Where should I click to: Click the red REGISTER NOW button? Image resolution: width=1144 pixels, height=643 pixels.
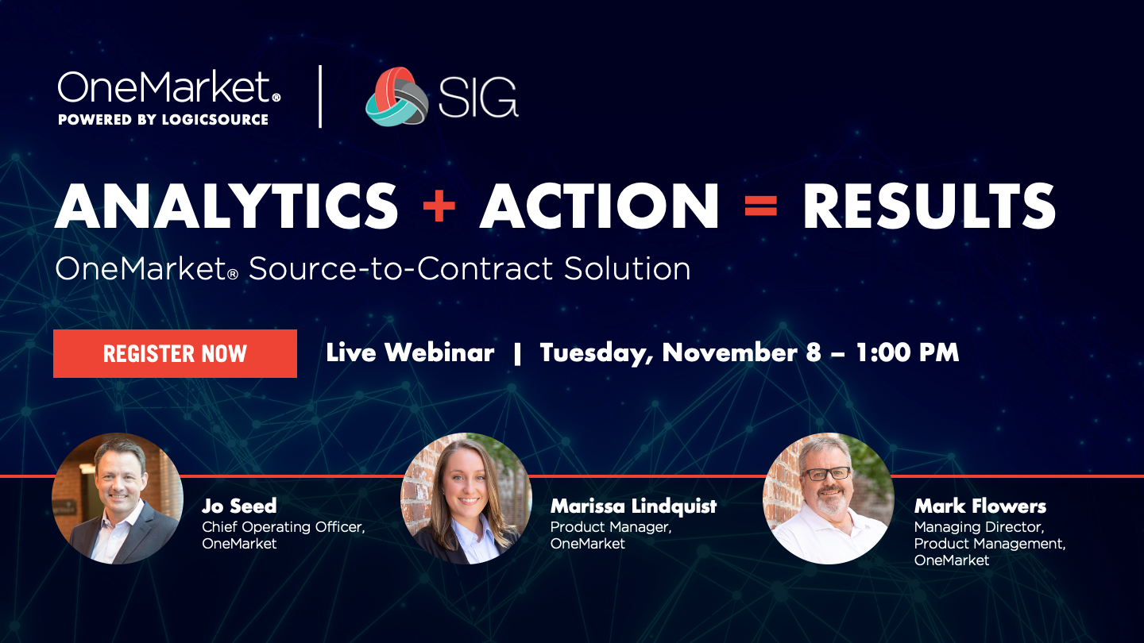175,354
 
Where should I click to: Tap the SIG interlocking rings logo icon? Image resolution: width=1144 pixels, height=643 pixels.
397,97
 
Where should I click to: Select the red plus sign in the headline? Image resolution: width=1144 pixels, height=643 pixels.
439,206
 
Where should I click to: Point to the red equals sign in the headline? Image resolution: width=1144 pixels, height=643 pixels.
761,206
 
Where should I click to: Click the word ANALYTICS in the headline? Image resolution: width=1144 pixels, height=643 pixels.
226,206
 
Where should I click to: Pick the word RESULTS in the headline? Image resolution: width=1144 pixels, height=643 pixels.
929,206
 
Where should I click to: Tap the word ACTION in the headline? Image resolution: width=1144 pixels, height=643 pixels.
599,206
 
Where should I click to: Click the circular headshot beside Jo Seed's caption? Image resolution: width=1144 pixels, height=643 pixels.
118,499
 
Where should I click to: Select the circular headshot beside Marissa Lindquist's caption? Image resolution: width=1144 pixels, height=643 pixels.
466,499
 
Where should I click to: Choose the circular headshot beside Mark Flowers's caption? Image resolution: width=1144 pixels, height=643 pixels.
829,499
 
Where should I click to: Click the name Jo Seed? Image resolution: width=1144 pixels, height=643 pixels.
239,506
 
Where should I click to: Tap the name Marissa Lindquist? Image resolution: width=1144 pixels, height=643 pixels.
634,506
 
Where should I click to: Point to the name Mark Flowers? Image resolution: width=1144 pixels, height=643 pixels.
980,506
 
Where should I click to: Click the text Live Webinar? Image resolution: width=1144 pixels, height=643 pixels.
410,352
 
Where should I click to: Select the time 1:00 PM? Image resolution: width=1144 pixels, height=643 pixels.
907,352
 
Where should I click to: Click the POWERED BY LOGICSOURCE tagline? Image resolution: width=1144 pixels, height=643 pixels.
163,119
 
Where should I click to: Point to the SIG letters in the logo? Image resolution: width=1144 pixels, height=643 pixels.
478,97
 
